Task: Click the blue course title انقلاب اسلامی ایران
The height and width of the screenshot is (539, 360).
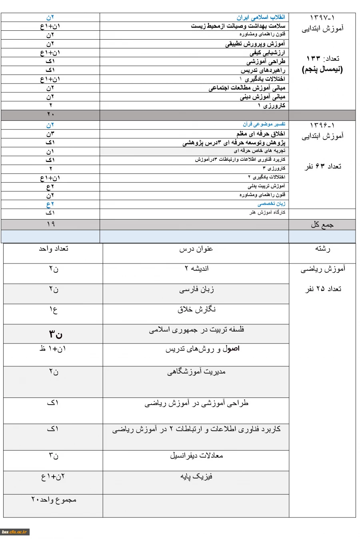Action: click(261, 18)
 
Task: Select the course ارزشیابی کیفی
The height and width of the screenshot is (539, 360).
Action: click(267, 53)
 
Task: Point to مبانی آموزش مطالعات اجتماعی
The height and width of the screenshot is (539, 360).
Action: click(247, 88)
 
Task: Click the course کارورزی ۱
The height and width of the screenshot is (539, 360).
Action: click(272, 106)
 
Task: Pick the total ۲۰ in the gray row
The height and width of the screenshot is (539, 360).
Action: click(50, 115)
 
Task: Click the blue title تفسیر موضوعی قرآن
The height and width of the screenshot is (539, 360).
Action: click(264, 124)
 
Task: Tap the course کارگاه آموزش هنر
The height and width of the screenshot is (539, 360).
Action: click(267, 213)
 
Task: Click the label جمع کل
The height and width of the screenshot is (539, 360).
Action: click(322, 224)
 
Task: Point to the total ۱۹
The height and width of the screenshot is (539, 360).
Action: click(50, 224)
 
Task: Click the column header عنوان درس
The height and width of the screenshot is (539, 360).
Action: click(196, 249)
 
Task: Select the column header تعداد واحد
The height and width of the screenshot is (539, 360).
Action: click(54, 249)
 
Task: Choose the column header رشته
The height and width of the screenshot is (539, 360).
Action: click(322, 249)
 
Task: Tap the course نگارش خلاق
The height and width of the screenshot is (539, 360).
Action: click(196, 309)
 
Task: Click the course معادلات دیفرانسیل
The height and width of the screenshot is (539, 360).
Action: click(196, 455)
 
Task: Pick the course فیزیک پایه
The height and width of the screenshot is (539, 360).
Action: click(196, 477)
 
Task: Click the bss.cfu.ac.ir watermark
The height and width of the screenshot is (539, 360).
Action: click(14, 532)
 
